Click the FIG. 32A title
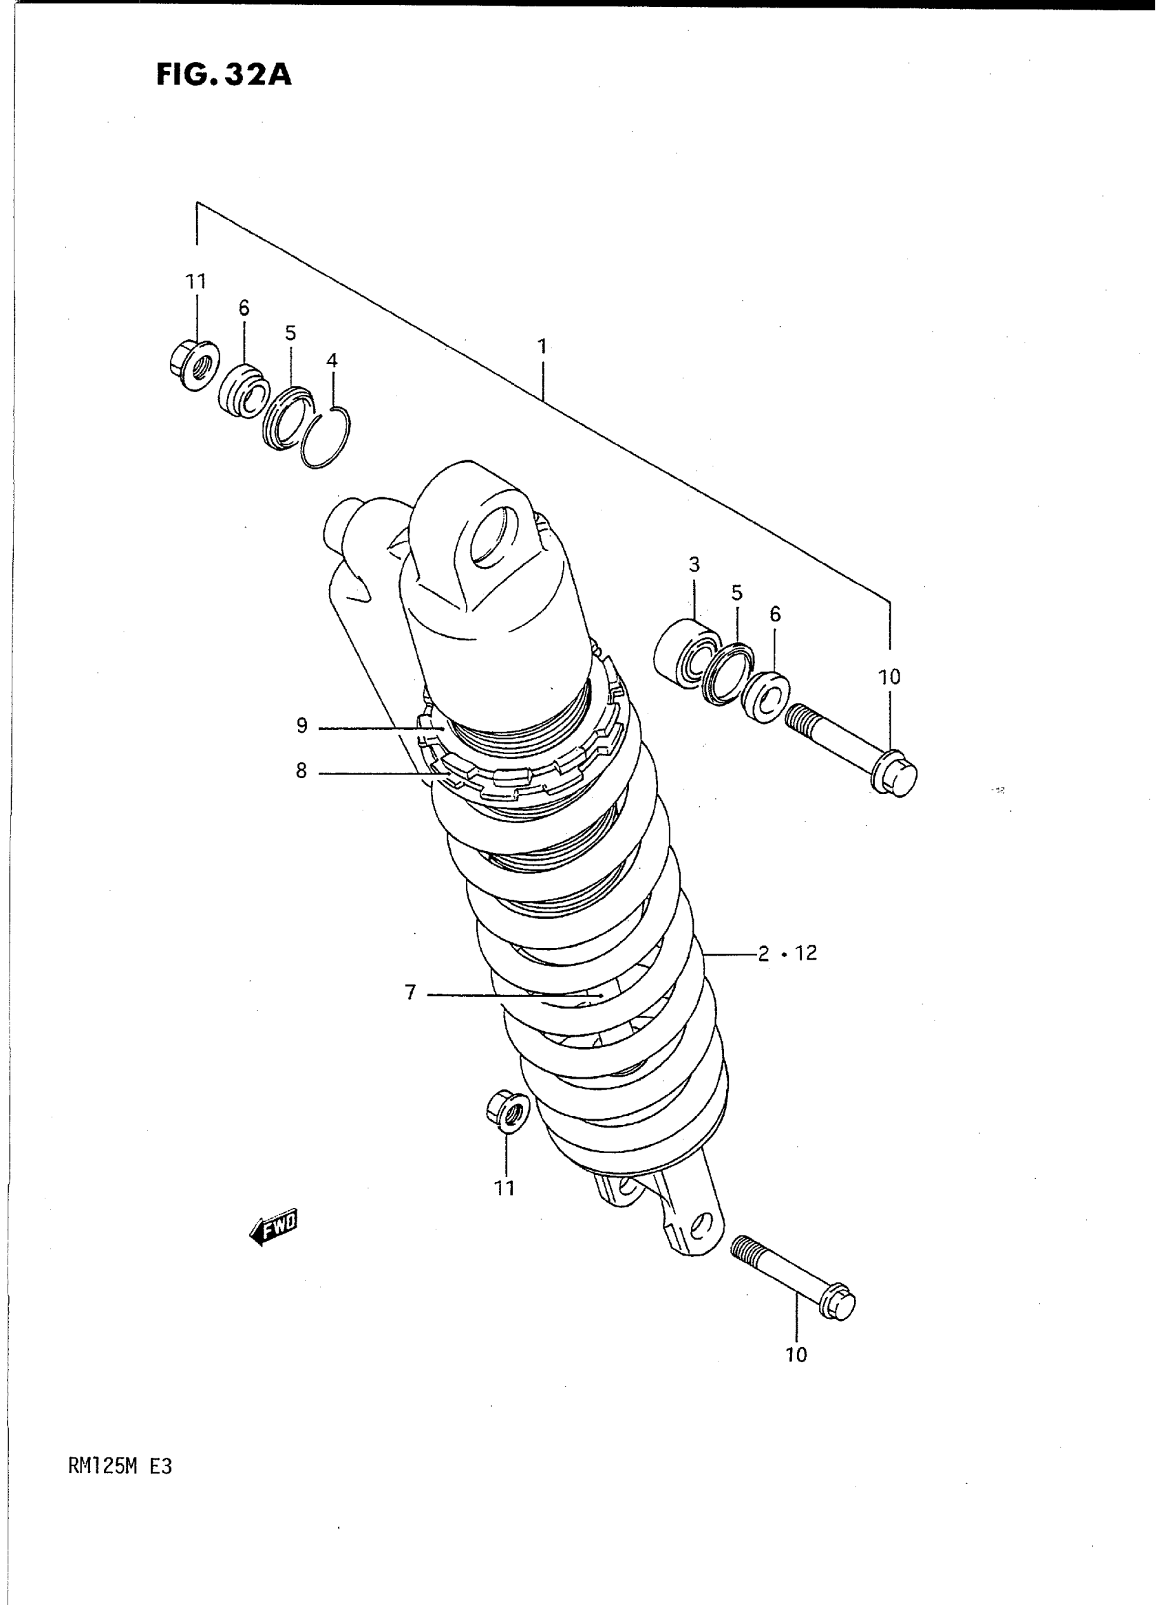(224, 75)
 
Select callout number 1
(542, 347)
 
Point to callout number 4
(332, 361)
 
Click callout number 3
(694, 565)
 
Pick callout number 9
(302, 726)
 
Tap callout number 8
(301, 771)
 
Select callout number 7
(411, 993)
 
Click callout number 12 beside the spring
(806, 953)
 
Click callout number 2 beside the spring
(763, 953)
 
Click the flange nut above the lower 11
(507, 1114)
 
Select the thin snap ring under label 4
(326, 439)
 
